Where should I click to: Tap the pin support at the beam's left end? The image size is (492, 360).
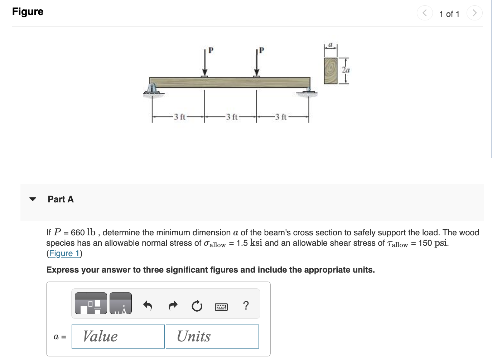tap(153, 89)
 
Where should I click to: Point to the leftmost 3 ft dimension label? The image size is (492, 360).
tap(179, 117)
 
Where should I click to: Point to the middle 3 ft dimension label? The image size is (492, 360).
tap(231, 117)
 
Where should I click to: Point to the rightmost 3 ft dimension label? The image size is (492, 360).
tap(281, 117)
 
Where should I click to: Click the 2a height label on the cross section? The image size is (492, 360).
tap(346, 70)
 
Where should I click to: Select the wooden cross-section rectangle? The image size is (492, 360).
tap(331, 71)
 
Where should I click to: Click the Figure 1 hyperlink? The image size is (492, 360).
tap(64, 254)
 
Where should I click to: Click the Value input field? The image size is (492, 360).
tap(118, 336)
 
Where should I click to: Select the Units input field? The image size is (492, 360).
tap(212, 336)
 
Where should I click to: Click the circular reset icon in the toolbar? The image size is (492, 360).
tap(197, 306)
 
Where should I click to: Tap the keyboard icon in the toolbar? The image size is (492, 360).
tap(221, 307)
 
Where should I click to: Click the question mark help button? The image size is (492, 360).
tap(246, 306)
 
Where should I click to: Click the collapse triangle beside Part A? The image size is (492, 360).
tap(33, 199)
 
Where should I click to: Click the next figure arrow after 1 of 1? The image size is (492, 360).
tap(474, 13)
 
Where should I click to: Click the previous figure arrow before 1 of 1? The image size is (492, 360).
tap(425, 13)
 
